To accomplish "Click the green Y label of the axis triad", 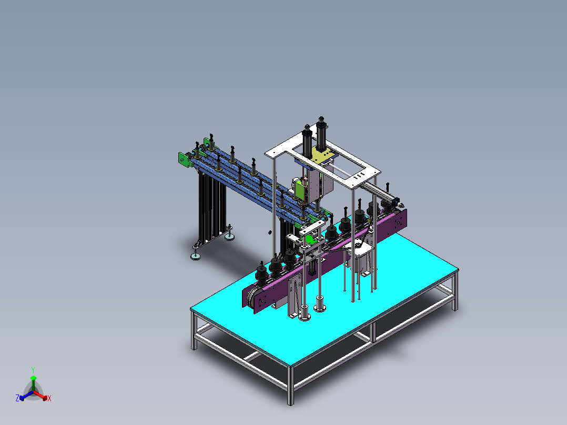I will [x=33, y=370].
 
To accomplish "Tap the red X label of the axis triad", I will [x=49, y=399].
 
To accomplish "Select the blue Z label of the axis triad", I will [x=17, y=399].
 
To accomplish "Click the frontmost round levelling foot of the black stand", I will [x=196, y=256].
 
